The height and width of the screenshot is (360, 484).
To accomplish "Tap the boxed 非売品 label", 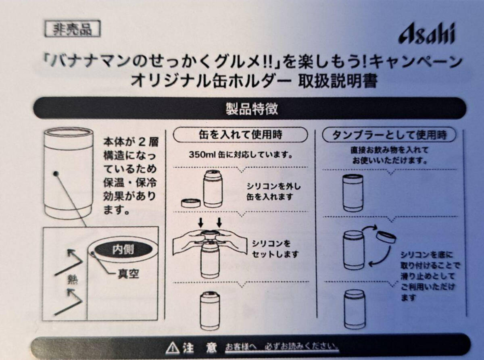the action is tap(73, 29).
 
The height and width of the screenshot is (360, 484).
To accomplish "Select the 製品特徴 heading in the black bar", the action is tap(252, 109).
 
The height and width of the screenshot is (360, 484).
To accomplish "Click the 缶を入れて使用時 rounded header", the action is tap(240, 135).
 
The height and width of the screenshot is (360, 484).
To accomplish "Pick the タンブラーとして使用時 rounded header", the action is tap(389, 135).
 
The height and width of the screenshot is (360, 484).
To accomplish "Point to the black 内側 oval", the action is tap(123, 250).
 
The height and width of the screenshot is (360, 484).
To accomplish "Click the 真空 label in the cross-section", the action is tap(128, 274).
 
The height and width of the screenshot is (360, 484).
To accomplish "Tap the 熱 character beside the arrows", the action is tap(73, 280).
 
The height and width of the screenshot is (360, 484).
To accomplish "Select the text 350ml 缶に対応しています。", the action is tap(240, 155).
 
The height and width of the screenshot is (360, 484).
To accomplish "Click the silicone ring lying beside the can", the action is tap(191, 203).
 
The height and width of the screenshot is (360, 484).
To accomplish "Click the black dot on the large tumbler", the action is tap(56, 174).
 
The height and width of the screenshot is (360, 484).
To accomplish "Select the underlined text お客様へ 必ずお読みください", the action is tap(282, 347).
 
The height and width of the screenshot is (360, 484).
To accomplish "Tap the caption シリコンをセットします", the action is tap(275, 249).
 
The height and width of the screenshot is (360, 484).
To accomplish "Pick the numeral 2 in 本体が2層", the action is tap(142, 142).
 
